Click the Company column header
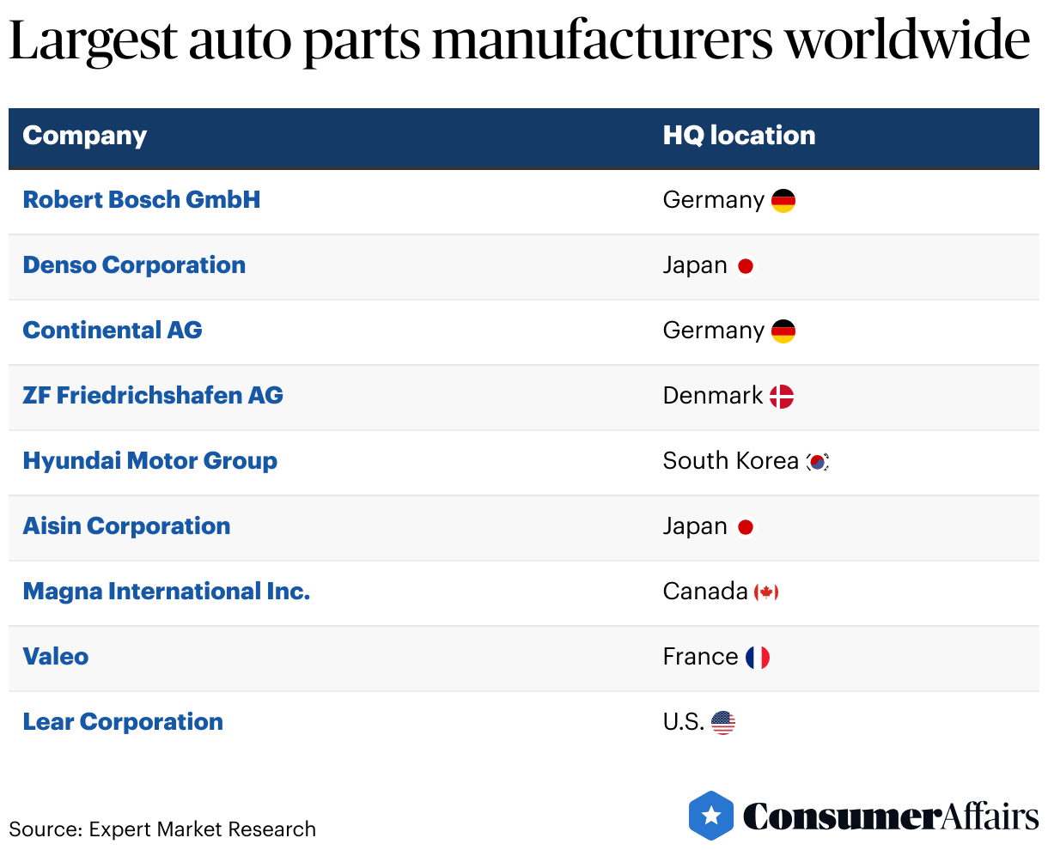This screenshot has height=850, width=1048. pyautogui.click(x=84, y=136)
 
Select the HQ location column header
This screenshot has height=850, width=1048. pyautogui.click(x=739, y=136)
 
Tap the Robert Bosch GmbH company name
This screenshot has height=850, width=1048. pyautogui.click(x=141, y=200)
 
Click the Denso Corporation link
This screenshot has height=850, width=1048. pyautogui.click(x=134, y=265)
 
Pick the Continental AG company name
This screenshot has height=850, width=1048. pyautogui.click(x=113, y=331)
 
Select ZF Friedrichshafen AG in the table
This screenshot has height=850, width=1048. pyautogui.click(x=153, y=396)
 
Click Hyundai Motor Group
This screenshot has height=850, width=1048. pyautogui.click(x=149, y=461)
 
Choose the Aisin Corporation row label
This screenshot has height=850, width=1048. pyautogui.click(x=126, y=526)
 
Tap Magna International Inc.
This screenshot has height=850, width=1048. pyautogui.click(x=166, y=592)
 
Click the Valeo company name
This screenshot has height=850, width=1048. pyautogui.click(x=56, y=657)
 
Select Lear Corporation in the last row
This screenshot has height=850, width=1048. pyautogui.click(x=123, y=722)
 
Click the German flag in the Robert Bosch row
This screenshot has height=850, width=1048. pyautogui.click(x=783, y=201)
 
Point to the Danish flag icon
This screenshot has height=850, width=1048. pyautogui.click(x=781, y=396)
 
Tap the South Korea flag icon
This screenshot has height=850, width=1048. pyautogui.click(x=818, y=462)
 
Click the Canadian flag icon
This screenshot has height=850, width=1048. pyautogui.click(x=766, y=592)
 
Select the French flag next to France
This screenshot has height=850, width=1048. pyautogui.click(x=757, y=658)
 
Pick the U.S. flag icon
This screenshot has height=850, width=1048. pyautogui.click(x=723, y=723)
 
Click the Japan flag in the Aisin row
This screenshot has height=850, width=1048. pyautogui.click(x=746, y=527)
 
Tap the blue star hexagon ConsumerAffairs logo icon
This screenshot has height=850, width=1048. pyautogui.click(x=711, y=816)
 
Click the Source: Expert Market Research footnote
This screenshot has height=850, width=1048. pyautogui.click(x=162, y=829)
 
